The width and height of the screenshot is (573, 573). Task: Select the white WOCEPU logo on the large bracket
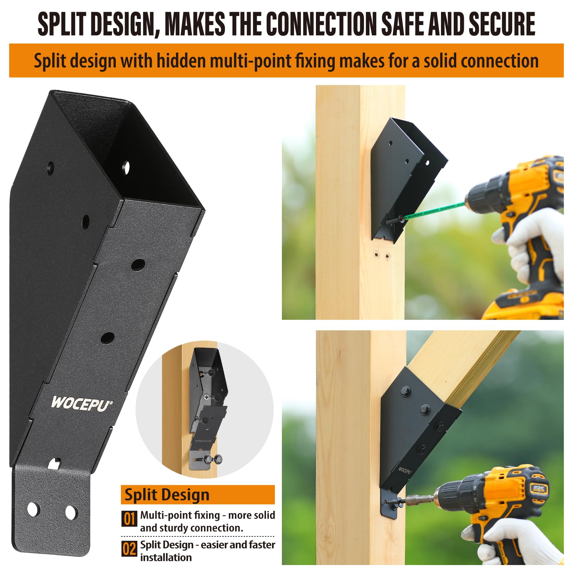[81, 403]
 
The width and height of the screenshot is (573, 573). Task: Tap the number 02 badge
[129, 549]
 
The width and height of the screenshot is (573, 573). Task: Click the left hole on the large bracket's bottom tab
[33, 509]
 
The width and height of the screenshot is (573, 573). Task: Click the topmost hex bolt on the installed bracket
[405, 391]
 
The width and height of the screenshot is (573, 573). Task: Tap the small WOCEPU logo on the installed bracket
[405, 470]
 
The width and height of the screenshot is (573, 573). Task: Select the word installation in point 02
[166, 557]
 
